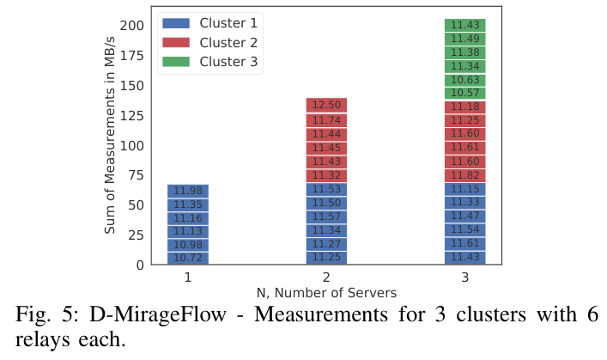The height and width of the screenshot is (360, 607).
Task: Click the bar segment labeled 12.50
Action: coord(326,105)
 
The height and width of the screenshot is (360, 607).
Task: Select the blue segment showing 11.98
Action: coord(188,191)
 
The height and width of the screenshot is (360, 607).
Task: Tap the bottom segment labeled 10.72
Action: coord(188,258)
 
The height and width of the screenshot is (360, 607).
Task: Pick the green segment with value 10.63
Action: coord(465,80)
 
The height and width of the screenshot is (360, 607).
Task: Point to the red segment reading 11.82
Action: coord(465,175)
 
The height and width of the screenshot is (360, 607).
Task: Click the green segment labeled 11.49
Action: coord(465,39)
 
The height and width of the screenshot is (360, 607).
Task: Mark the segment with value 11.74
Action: coord(326,120)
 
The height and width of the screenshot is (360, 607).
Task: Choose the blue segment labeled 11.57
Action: coord(326,217)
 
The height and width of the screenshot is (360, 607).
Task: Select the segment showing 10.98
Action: coord(188,245)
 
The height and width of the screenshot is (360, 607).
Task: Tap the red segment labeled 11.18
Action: coord(465,107)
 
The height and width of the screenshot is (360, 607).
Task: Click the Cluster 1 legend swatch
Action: coord(176,23)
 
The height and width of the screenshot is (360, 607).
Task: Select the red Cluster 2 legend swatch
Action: coord(176,43)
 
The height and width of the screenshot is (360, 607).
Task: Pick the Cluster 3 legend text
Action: coord(228,62)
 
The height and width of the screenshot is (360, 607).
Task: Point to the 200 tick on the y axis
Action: coord(131,26)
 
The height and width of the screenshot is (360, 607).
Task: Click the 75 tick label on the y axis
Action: coord(136,175)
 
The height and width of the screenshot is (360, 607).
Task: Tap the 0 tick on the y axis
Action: coord(140,265)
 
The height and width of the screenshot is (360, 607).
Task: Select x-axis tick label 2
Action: coord(326,278)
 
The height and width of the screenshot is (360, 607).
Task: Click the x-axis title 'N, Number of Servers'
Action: coord(326,293)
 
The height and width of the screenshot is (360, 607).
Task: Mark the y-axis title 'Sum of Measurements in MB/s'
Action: coord(110,135)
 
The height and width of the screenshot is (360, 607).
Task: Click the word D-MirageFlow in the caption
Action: coord(158,314)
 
